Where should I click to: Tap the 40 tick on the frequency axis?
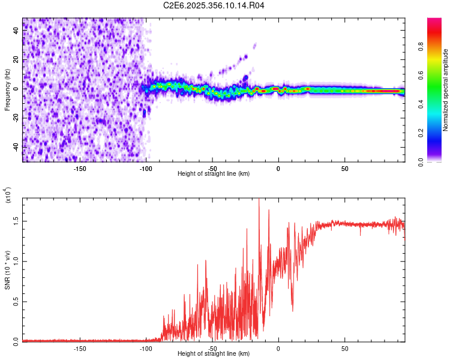pos(17,30)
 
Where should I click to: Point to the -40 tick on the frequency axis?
pos(17,147)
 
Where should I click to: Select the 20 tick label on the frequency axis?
pos(17,59)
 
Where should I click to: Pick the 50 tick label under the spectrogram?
pos(344,168)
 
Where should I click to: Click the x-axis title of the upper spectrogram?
pos(214,174)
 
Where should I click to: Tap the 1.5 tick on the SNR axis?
pos(17,221)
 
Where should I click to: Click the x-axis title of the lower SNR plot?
pos(214,354)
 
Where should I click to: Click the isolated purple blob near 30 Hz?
pos(255,45)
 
